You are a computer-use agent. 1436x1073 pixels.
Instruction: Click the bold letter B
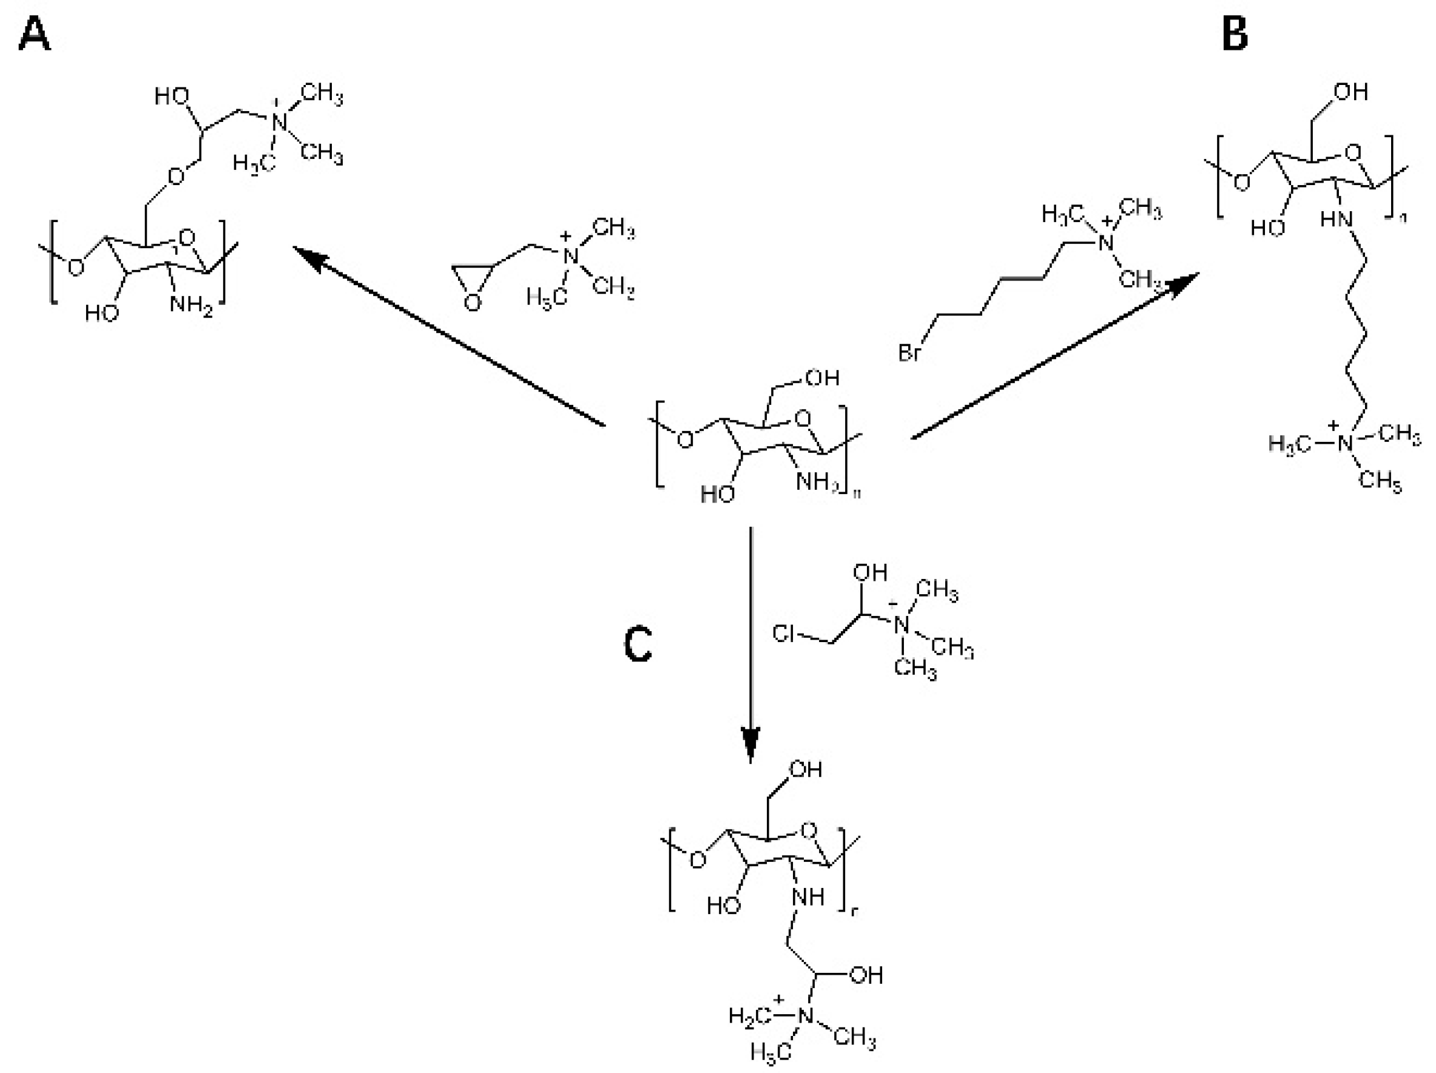(1234, 35)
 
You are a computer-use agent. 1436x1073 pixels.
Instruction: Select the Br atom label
(909, 353)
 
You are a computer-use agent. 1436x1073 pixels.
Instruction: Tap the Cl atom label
(784, 633)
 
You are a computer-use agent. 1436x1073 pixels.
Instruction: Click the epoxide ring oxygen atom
(473, 303)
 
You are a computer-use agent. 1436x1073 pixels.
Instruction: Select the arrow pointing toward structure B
(1052, 357)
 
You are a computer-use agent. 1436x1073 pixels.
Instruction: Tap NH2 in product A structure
(191, 303)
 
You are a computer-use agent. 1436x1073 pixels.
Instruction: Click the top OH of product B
(1351, 92)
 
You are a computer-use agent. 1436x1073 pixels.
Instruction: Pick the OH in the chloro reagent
(870, 572)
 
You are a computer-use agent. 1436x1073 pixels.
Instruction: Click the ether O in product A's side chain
(175, 176)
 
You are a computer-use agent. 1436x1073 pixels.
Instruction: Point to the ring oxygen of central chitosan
(803, 419)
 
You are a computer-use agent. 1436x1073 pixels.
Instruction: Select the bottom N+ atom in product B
(1345, 444)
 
